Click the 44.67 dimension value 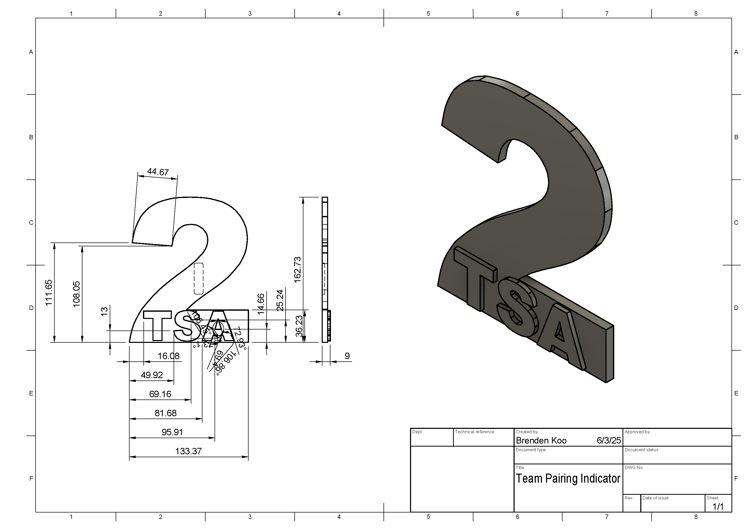tap(158, 172)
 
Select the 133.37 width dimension tap(189, 451)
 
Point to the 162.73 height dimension tap(297, 270)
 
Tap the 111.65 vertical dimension tap(49, 293)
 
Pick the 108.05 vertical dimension tap(76, 294)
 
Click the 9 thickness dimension tap(347, 356)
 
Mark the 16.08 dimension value tap(168, 356)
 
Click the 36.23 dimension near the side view tap(299, 326)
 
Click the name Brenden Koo tap(541, 440)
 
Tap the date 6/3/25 tap(609, 440)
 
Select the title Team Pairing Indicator tap(568, 479)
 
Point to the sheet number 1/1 tap(718, 507)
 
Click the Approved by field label tap(637, 432)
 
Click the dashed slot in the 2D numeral tap(199, 279)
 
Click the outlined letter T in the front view tap(157, 325)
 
